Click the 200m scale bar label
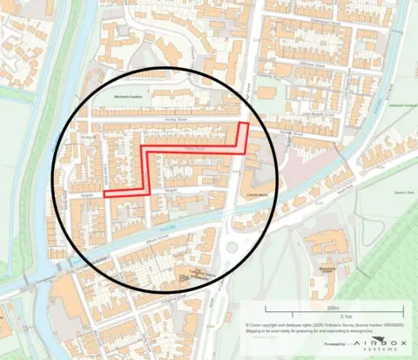coord(334,308)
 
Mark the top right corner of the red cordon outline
coord(247,125)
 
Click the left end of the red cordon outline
coord(105,195)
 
